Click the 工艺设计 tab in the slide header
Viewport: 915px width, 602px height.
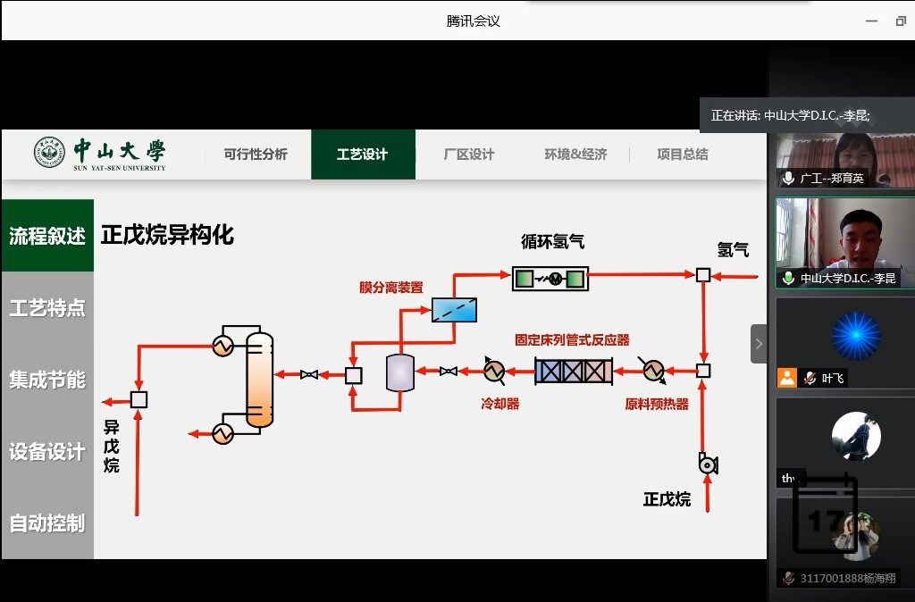pos(362,155)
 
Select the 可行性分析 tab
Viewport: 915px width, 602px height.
pos(256,155)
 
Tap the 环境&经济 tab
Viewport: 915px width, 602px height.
pos(575,155)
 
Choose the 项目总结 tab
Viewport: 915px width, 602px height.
pos(682,155)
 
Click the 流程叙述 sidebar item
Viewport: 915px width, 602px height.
pos(47,236)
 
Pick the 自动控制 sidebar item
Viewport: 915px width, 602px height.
pos(47,523)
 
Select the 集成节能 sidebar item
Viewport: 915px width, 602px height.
pos(47,380)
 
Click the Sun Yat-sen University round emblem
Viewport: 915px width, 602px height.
pos(50,154)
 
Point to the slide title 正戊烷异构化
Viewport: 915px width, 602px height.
pos(167,235)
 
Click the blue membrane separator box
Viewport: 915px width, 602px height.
pos(454,309)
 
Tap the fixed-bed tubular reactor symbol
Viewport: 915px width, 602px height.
pos(574,371)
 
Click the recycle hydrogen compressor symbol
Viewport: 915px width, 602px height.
pos(550,279)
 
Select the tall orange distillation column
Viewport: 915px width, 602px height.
pos(260,379)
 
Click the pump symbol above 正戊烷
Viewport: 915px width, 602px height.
pos(708,464)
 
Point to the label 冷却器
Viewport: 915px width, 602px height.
pos(500,404)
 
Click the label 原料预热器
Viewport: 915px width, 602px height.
pos(657,404)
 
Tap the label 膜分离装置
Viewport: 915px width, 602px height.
pos(391,288)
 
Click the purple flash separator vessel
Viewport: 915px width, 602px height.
pos(399,372)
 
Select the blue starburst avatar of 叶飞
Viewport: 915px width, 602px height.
pos(855,336)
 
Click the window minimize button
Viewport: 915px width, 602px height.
pos(871,21)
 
